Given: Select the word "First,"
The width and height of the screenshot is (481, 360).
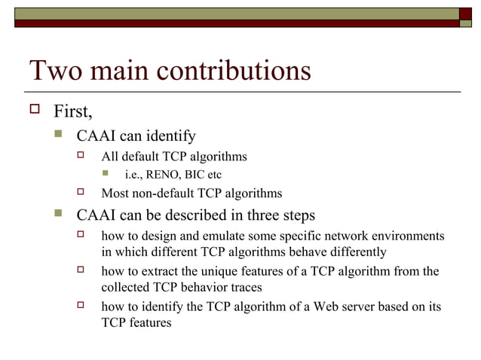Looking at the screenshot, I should coord(73,113).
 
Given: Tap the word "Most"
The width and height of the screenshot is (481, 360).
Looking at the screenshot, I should coord(117,194).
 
